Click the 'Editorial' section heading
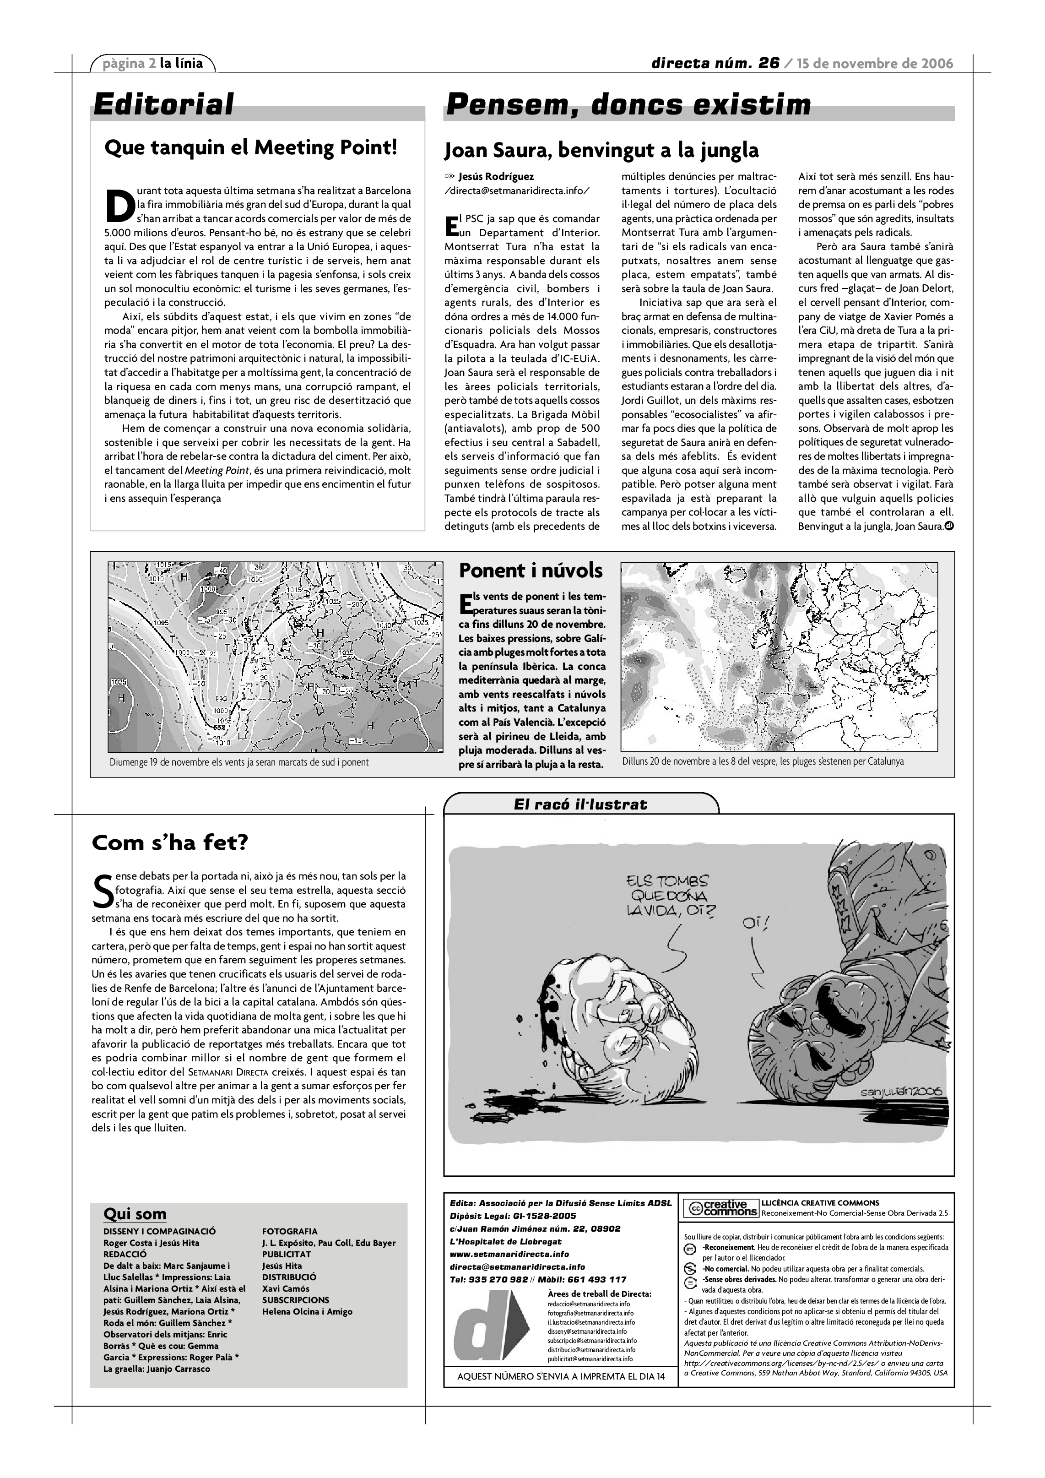pos(163,104)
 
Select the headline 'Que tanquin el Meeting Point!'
pos(250,148)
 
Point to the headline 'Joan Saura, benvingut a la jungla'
pos(601,151)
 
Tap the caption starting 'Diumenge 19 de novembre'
pos(239,762)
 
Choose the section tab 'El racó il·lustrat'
pos(580,804)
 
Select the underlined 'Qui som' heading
pos(135,1214)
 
